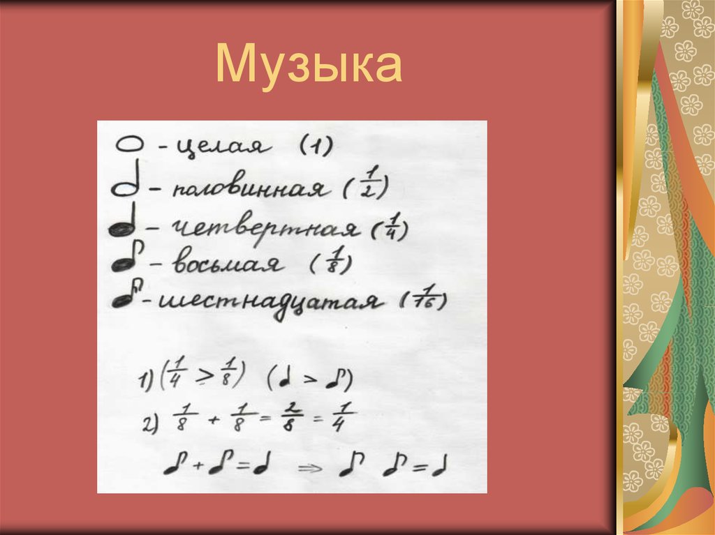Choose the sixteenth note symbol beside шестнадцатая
[x=126, y=300]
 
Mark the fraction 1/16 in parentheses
[x=424, y=301]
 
